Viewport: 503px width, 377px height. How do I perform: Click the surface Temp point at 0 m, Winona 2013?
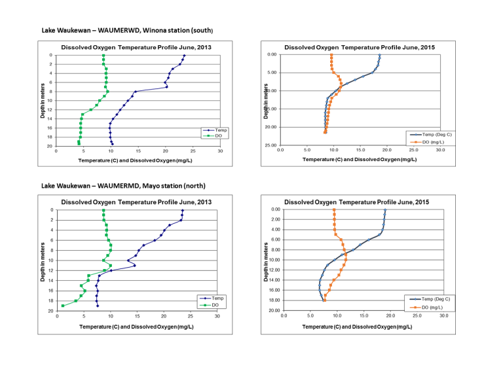click(x=185, y=56)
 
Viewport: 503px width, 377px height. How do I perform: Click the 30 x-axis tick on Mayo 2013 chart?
click(x=217, y=316)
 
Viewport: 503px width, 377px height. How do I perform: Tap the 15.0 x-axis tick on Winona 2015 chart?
click(x=360, y=150)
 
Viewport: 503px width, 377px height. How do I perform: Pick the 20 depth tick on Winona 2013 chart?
click(x=50, y=147)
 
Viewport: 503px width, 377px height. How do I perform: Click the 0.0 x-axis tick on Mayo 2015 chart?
click(x=284, y=315)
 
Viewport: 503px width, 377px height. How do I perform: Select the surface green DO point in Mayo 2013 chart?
click(x=103, y=211)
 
